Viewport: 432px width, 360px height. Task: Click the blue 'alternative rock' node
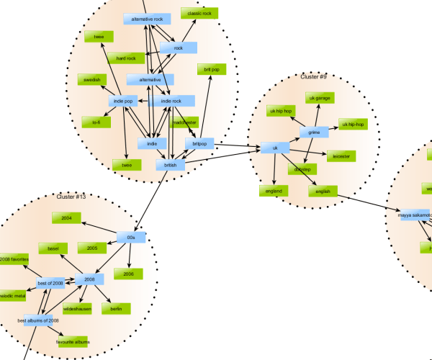coord(148,19)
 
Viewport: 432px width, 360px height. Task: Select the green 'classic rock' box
coord(199,14)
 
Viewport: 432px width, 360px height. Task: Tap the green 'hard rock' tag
coord(126,58)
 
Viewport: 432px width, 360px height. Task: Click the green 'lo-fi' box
coord(95,122)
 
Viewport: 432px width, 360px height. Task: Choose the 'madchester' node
coord(184,122)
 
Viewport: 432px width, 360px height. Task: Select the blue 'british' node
coord(170,166)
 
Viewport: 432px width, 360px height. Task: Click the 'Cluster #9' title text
coord(313,76)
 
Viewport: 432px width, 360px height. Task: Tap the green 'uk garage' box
coord(319,97)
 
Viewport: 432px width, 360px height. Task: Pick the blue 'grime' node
coord(314,132)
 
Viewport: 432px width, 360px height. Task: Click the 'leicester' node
coord(341,156)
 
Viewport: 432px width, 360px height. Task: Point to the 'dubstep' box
coord(301,169)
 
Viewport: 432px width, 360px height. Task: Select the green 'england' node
coord(274,191)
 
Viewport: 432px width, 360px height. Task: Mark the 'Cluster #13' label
coord(71,196)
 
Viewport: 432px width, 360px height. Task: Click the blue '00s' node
coord(131,237)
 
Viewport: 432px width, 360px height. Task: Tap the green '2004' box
coord(66,217)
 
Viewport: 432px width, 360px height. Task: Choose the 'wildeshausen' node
coord(77,308)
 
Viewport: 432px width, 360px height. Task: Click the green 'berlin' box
coord(117,308)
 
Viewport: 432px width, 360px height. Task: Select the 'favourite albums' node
coord(72,341)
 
